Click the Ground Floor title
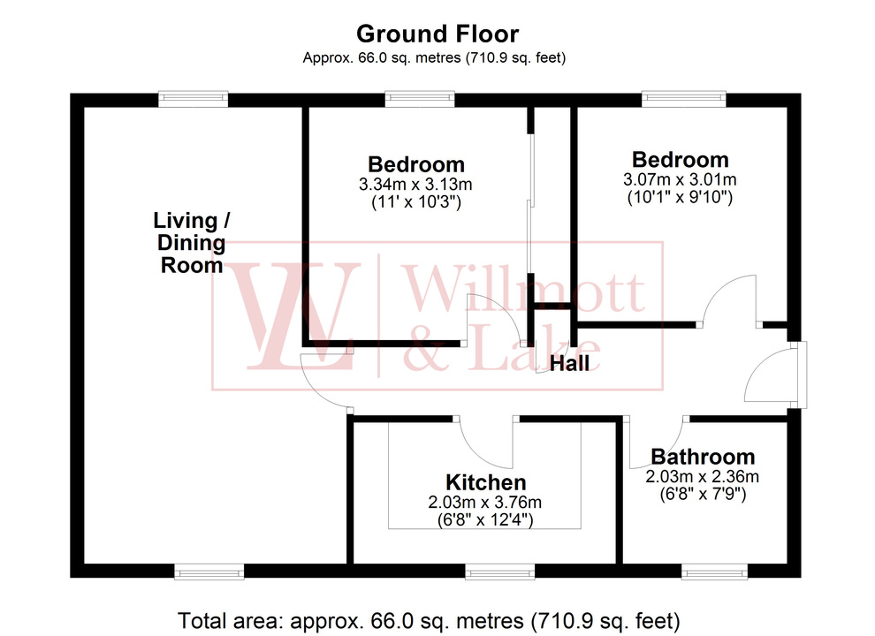(437, 34)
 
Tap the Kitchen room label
(485, 483)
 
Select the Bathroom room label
(703, 457)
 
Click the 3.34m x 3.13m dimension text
(415, 185)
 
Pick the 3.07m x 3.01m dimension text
(680, 180)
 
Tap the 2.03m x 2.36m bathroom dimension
(702, 477)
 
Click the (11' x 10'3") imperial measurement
(415, 202)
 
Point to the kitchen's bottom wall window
(499, 573)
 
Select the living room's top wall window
(194, 99)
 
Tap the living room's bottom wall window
(210, 573)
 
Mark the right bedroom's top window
(684, 99)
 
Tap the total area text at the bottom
(429, 617)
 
